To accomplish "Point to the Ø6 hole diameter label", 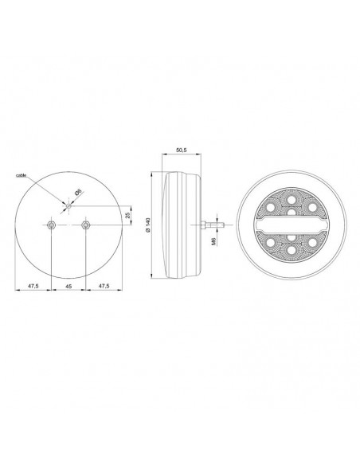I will [x=77, y=192].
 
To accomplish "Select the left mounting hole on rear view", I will [x=51, y=226].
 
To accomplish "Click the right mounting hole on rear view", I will [x=87, y=226].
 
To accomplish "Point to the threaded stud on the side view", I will [x=209, y=224].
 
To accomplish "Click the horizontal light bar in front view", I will [x=292, y=224].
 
